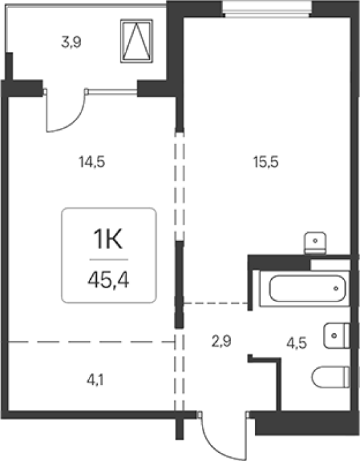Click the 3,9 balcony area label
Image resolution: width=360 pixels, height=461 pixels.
(x=71, y=42)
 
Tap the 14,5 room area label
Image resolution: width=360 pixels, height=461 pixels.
(x=92, y=162)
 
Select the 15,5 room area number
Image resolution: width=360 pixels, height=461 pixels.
(x=266, y=162)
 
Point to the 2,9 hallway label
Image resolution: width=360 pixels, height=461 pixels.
(x=221, y=341)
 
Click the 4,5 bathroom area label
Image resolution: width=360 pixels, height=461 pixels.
(x=297, y=343)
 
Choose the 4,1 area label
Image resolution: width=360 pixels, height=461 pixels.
(x=95, y=380)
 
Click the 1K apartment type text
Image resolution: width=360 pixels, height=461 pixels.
(x=108, y=239)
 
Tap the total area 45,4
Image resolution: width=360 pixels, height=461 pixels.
(x=108, y=279)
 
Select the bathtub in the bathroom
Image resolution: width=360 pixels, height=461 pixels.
(x=307, y=289)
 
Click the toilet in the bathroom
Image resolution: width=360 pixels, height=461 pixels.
(x=330, y=377)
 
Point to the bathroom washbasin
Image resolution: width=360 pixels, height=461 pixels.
(x=336, y=336)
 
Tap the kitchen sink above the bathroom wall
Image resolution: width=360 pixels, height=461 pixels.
(x=316, y=242)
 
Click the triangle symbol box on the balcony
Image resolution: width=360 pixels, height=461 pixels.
(x=137, y=41)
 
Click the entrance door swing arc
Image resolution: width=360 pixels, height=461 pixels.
(x=217, y=444)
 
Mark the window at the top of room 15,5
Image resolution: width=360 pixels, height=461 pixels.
(x=267, y=9)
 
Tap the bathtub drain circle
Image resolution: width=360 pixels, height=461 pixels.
(x=336, y=289)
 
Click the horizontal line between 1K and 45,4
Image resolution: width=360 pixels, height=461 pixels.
(x=109, y=260)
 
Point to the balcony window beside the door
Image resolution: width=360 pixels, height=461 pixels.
(x=112, y=92)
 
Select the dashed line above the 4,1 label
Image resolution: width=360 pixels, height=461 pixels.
(x=91, y=342)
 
